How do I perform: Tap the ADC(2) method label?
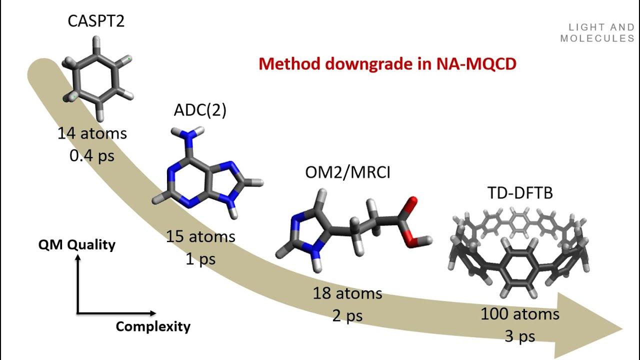pos(200,110)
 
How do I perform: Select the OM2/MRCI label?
pos(348,172)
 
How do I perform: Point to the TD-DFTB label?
pos(520,192)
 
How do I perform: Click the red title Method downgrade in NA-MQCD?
pos(387,64)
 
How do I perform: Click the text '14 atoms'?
pos(92,134)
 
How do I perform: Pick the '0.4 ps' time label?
pos(92,155)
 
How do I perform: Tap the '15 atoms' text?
pos(201,236)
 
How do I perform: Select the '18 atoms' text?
pos(347,293)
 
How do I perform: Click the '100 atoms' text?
pos(520,314)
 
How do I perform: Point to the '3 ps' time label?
pos(520,336)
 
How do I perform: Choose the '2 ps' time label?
pos(347,315)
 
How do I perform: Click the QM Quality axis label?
pos(77,244)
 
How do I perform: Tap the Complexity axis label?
pos(153,327)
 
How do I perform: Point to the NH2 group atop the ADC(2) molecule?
pos(187,133)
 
